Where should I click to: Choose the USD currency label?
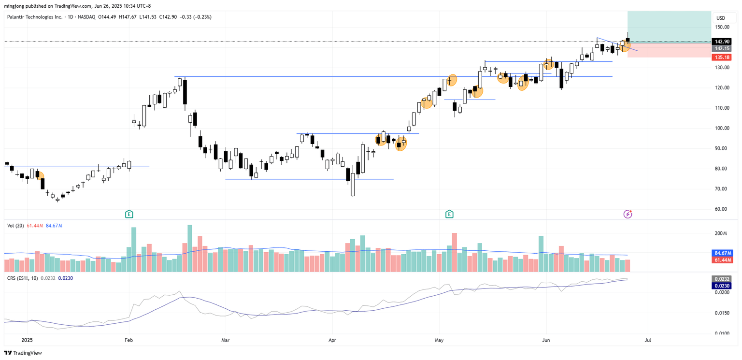pos(720,18)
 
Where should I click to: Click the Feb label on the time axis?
pos(128,340)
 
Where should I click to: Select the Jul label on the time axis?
pos(647,340)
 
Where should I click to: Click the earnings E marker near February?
pos(129,214)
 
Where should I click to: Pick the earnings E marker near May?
pos(449,214)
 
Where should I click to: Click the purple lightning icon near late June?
pos(628,214)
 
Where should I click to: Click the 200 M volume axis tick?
pos(721,233)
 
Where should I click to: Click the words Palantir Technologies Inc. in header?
pos(35,17)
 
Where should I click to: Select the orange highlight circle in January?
pos(40,176)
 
